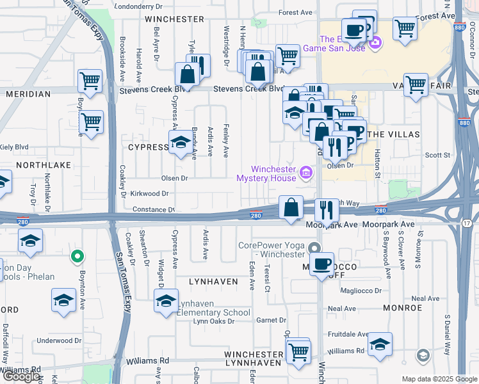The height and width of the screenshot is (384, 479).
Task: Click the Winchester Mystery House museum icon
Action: (x=306, y=172)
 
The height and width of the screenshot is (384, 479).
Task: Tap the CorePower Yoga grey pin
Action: (x=313, y=248)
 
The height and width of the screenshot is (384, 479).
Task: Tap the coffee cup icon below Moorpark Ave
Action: (x=322, y=262)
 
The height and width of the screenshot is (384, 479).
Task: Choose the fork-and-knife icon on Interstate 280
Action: (x=327, y=209)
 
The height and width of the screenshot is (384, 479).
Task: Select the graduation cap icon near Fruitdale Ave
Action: (x=380, y=344)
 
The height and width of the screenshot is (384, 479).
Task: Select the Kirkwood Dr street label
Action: (x=149, y=193)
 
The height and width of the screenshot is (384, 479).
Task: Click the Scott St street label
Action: (x=438, y=155)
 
